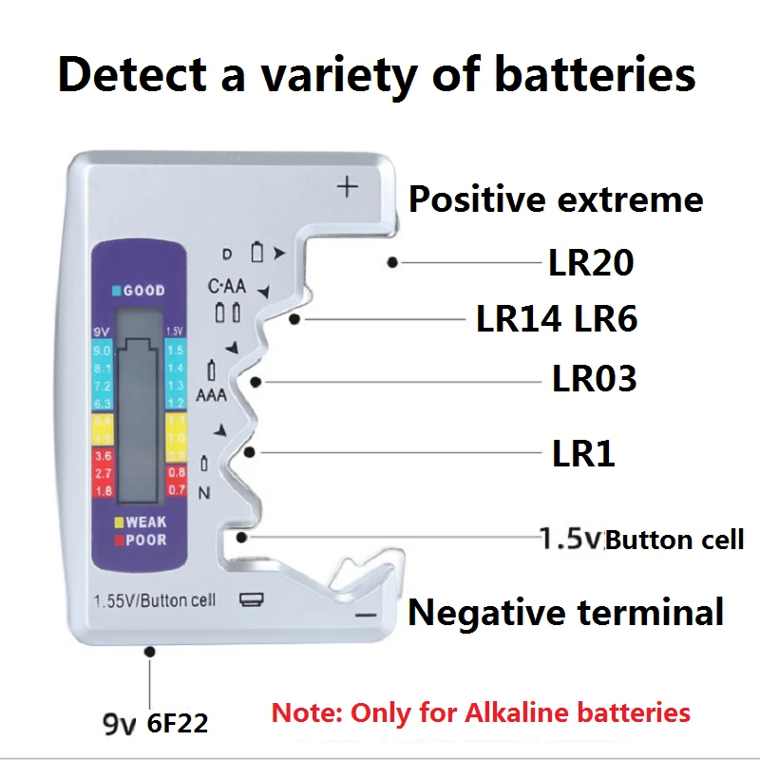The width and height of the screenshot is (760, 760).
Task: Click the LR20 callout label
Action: tap(591, 263)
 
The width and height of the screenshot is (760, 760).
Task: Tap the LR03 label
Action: tap(594, 379)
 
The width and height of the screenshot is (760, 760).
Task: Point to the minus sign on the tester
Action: tap(367, 616)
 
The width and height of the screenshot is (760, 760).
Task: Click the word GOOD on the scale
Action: tap(143, 291)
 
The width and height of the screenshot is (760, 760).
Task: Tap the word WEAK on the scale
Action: tap(145, 522)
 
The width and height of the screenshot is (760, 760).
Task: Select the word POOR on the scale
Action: tap(145, 540)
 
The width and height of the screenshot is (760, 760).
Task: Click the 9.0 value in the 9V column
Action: tap(104, 351)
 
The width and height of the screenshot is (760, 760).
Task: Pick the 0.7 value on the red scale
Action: tap(176, 489)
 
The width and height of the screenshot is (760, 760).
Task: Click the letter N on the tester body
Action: tap(203, 492)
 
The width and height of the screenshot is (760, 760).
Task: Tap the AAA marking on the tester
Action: tap(211, 394)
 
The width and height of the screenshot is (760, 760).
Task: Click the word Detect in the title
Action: tap(129, 73)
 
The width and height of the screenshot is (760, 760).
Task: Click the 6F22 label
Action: tap(178, 724)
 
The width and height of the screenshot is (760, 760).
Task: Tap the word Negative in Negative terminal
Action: tap(482, 612)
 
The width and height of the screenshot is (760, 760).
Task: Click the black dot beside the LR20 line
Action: tap(392, 263)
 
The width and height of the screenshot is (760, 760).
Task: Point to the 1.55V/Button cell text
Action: tap(154, 600)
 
